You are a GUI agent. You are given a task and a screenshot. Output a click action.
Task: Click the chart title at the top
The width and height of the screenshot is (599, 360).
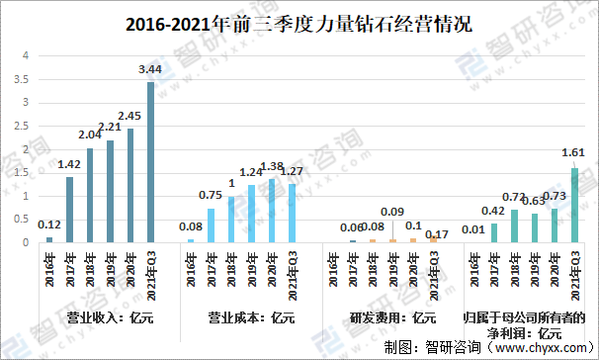(x=299, y=23)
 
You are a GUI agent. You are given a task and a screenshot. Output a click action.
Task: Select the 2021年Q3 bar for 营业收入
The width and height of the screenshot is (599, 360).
(x=151, y=162)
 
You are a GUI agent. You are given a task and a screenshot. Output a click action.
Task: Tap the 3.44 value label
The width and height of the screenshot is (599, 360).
(x=151, y=68)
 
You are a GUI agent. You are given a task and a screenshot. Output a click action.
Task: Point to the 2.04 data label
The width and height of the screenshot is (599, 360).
(x=91, y=135)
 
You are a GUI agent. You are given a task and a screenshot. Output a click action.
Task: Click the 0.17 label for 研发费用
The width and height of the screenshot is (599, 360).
(x=436, y=235)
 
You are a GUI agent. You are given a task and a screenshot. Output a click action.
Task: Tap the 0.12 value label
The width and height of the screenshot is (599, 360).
(x=50, y=225)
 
